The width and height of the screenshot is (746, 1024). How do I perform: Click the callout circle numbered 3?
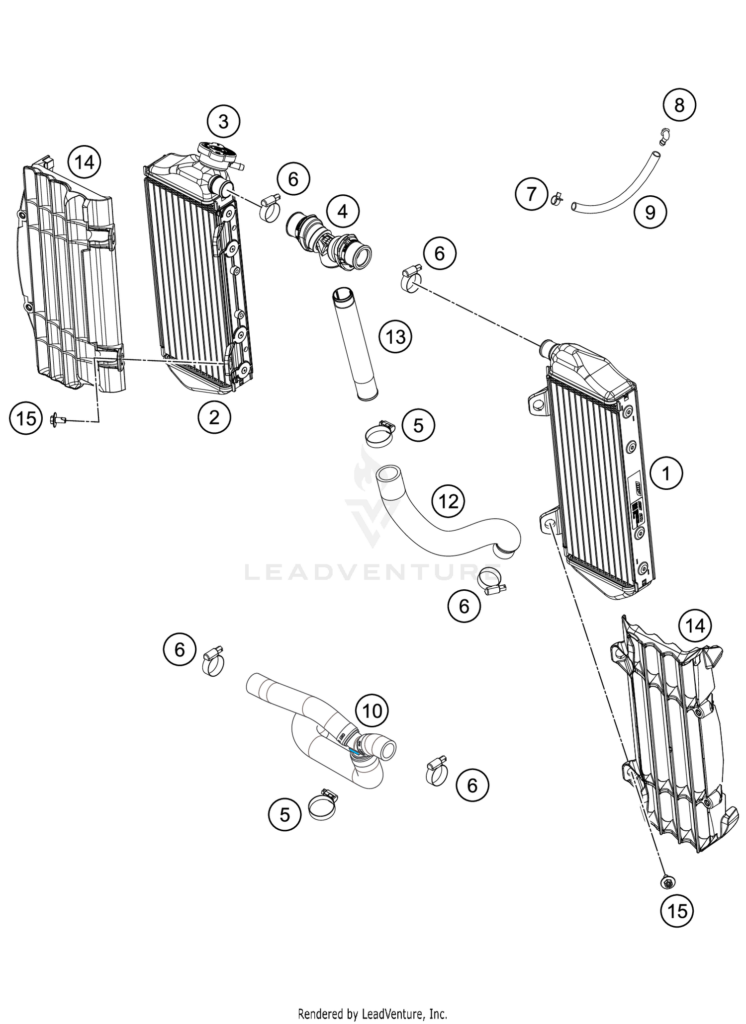click(x=223, y=121)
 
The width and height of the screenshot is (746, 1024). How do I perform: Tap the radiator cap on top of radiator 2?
click(x=215, y=151)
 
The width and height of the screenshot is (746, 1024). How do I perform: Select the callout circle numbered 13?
click(x=395, y=337)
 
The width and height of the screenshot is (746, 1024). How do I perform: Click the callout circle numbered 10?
click(x=372, y=711)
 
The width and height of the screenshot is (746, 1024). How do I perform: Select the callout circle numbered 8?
click(x=679, y=105)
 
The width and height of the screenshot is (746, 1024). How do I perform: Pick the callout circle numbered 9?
click(x=650, y=213)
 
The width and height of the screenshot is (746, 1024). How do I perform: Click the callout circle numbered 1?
click(x=666, y=473)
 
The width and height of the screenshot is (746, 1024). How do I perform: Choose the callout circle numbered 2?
click(x=214, y=417)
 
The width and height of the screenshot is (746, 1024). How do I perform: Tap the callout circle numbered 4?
click(x=342, y=212)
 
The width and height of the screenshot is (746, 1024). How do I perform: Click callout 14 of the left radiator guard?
click(x=84, y=162)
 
